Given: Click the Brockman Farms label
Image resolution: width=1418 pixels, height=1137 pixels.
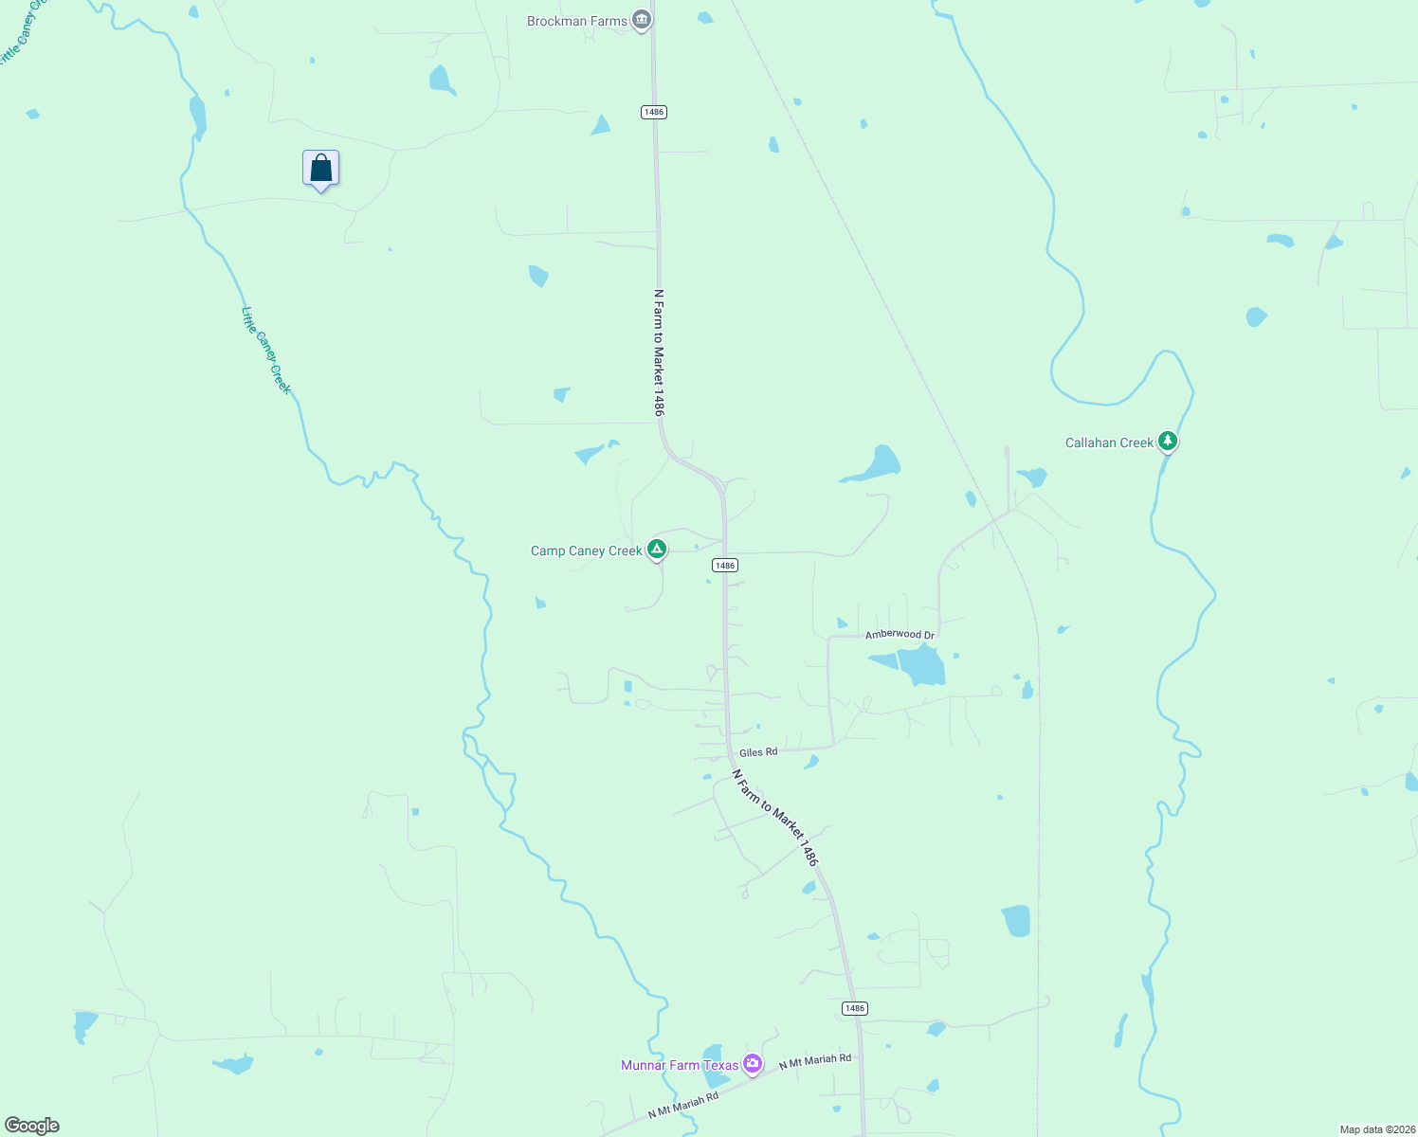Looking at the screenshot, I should (x=576, y=21).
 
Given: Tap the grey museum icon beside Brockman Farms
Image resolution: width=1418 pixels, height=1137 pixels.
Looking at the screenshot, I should (x=642, y=20).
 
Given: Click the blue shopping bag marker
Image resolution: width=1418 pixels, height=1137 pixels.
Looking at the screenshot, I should (x=321, y=169).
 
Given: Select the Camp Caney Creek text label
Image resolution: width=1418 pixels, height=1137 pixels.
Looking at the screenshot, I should (x=586, y=550).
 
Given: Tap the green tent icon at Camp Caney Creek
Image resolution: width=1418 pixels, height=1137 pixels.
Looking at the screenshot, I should (x=656, y=549).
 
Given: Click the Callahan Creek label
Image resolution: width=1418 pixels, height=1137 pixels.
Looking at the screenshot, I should (x=1109, y=442).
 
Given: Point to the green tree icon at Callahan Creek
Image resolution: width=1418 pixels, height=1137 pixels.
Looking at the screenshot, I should (x=1168, y=441).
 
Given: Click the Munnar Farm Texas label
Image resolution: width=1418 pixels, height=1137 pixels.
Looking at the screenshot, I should (x=679, y=1065).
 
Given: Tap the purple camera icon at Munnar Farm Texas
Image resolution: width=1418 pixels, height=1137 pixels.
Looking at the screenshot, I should (x=753, y=1064).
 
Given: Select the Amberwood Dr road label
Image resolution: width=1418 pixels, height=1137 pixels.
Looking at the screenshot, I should (x=900, y=635).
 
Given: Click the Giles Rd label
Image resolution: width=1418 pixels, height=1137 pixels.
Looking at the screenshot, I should (x=758, y=752).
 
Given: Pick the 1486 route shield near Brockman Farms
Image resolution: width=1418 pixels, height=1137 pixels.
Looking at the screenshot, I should (x=653, y=112).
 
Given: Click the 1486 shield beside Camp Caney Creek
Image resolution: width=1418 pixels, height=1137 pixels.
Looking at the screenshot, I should (x=724, y=566).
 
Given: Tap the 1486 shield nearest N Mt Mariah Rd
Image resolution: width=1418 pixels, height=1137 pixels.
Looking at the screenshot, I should (x=855, y=1008).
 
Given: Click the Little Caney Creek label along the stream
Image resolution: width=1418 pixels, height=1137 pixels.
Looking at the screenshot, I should (x=266, y=351).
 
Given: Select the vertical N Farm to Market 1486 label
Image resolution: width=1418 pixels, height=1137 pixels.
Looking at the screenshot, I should (x=659, y=352).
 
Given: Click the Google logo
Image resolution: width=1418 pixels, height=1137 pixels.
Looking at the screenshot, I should (x=32, y=1126).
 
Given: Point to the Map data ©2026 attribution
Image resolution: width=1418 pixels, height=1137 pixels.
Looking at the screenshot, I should (x=1376, y=1129).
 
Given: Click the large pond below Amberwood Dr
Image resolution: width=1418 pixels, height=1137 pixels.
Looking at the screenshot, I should (x=920, y=664).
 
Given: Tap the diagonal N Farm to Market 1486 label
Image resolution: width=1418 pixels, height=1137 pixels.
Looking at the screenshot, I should (x=774, y=817).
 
